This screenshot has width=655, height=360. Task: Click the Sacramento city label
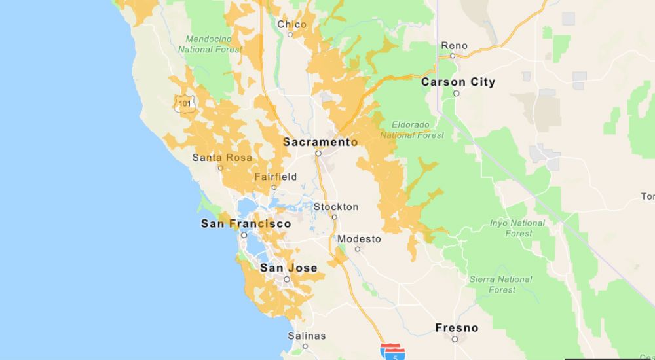pos(320,142)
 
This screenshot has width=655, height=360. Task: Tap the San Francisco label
pos(246,224)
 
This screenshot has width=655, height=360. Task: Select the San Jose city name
pos(288,268)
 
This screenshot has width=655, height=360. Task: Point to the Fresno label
pos(457,327)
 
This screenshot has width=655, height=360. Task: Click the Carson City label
pos(458,82)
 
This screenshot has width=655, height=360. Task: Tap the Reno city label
pos(455,45)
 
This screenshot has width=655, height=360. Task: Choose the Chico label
pos(291,24)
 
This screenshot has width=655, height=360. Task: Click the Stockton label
pos(336,207)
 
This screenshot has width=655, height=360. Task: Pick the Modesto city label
pos(359,239)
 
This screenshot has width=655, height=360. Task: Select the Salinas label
pos(306,336)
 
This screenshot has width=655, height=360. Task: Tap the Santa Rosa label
pos(222,158)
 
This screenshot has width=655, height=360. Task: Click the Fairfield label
pos(275,177)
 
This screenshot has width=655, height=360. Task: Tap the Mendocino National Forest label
pos(204,44)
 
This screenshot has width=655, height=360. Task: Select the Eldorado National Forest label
pos(411,130)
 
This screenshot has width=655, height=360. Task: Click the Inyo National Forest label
pos(517,228)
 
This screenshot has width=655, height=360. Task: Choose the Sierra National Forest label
pos(501,284)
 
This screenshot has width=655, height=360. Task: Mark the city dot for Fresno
pos(455,339)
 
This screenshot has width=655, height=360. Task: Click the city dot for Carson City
pos(457,93)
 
